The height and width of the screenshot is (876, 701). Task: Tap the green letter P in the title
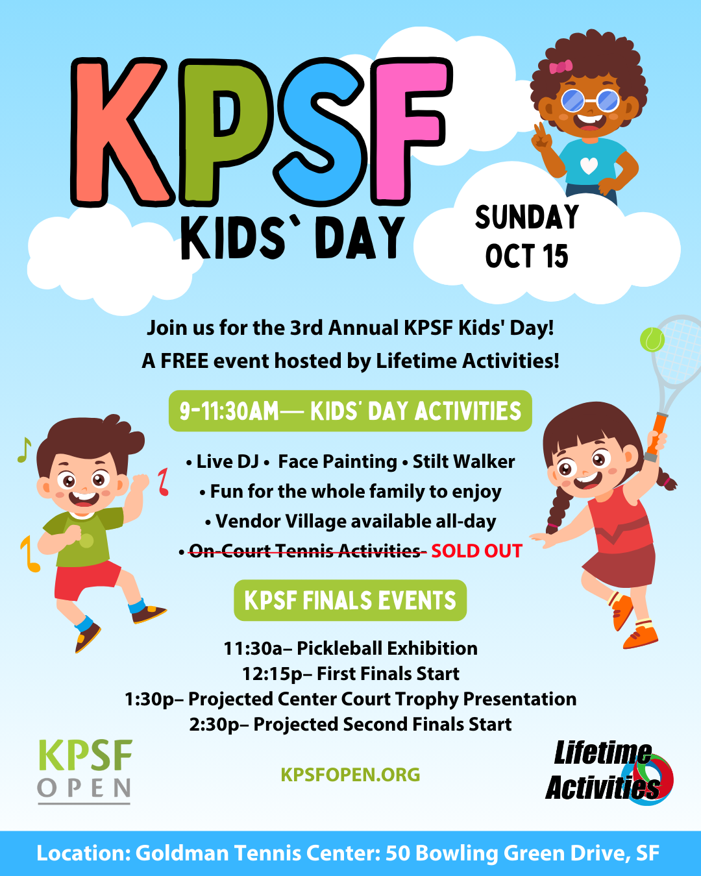coord(224,130)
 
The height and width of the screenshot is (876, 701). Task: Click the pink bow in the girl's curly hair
coord(560,67)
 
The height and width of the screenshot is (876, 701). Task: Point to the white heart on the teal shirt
coord(589,165)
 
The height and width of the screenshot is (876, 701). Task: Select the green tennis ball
coord(652,339)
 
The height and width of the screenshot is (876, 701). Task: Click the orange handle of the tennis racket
coord(657,433)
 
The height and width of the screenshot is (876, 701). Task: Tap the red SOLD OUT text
coord(476,551)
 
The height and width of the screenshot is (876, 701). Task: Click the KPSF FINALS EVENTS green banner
coord(350,600)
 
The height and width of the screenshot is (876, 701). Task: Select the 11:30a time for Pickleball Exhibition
coord(252,648)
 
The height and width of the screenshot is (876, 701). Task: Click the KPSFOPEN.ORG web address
coord(350,775)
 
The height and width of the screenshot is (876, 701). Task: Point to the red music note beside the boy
coord(164,481)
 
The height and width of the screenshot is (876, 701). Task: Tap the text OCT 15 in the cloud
coord(526,256)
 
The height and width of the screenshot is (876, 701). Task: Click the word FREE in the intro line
coord(184,361)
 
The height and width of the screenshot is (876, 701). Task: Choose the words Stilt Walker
coord(463,461)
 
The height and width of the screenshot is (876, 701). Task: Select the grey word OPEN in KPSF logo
coord(84,788)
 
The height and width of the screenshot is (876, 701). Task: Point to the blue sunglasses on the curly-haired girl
coord(590,100)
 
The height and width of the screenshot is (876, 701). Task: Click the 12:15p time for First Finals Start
coord(273,674)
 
